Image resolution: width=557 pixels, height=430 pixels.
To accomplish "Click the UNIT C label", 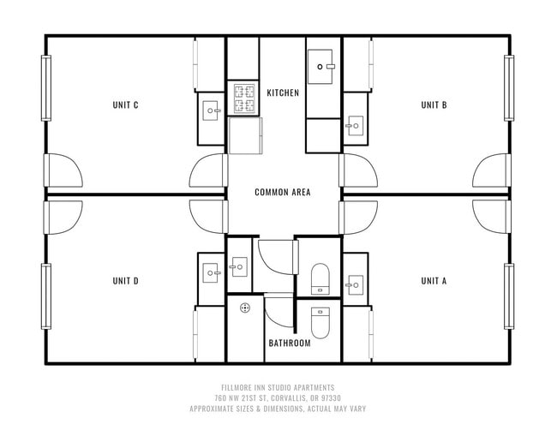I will coord(125,105).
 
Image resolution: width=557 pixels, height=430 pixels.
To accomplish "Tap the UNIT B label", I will coord(434,105).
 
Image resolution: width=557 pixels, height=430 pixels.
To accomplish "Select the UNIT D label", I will coord(125,280).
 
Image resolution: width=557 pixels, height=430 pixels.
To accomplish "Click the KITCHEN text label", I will coord(283,93).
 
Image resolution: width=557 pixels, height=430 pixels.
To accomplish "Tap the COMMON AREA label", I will coord(283,192).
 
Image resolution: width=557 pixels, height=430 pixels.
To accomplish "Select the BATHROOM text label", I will coord(289,343).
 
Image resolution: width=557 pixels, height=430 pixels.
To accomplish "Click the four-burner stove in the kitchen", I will coord(243,99).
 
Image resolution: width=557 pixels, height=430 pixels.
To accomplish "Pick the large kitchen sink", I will coord(324,66).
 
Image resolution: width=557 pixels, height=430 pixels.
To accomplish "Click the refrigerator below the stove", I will coord(246,136).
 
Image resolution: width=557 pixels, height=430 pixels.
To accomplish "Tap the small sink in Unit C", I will coord(212,110).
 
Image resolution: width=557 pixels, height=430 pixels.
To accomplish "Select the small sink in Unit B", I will coord(355,127).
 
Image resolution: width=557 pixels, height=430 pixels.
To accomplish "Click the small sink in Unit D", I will coord(212,273).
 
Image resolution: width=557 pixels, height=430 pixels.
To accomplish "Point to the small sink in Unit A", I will coord(355,283).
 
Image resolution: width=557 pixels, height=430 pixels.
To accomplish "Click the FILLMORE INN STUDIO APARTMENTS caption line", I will coord(278,388).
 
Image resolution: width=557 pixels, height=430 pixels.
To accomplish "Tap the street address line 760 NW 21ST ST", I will coord(278,398).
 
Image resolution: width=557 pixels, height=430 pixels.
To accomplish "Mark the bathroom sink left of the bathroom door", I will coord(239,267).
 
